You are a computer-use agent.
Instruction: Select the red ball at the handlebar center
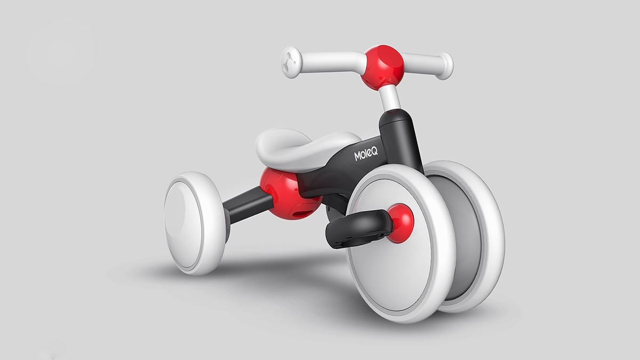[382, 67]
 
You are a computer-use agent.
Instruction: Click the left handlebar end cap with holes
[291, 62]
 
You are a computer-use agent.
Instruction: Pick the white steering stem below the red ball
[390, 98]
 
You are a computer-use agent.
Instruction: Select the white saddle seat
[304, 147]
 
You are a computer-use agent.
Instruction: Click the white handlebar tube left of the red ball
[331, 62]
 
